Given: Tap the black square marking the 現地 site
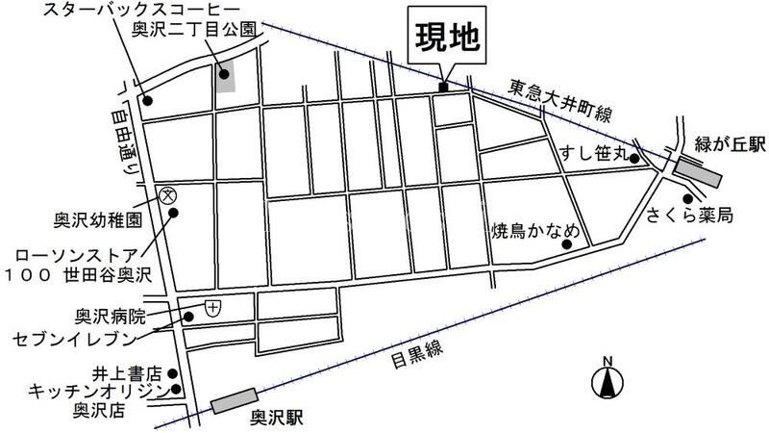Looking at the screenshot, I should (443, 89).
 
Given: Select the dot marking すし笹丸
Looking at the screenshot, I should (634, 160).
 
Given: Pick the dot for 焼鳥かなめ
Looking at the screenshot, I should (566, 244).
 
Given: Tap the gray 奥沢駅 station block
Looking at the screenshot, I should (235, 399).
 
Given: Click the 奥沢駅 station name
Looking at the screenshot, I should (276, 419).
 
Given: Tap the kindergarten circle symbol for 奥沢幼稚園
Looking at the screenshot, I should (167, 194).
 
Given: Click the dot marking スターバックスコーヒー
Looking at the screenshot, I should (147, 99).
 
